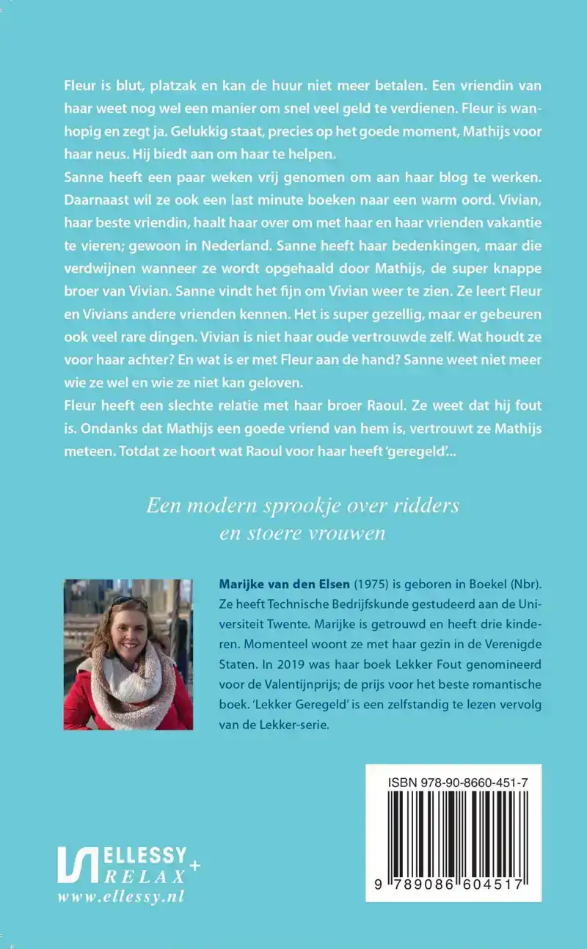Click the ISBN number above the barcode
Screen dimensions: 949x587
tap(453, 785)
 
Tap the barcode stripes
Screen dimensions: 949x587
tap(453, 836)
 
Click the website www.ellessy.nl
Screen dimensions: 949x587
tap(120, 896)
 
